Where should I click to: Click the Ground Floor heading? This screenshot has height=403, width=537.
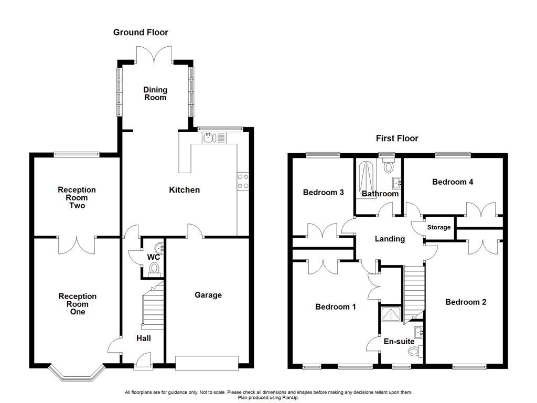[141, 33]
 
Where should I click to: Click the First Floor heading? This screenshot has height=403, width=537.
[397, 139]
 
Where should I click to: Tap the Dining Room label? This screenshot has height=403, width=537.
[155, 93]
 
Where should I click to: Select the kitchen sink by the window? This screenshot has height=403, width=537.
[209, 137]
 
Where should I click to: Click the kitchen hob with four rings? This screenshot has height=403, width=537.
[243, 181]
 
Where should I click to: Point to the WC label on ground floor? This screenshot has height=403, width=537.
[153, 258]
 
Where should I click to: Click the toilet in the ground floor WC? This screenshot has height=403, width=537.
[154, 269]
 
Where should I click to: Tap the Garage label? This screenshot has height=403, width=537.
[208, 295]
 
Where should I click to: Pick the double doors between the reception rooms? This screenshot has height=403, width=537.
[77, 243]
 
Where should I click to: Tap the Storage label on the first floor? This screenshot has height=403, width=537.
[439, 228]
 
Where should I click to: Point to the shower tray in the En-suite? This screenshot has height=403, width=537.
[391, 314]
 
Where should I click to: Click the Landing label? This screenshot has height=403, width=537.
[390, 239]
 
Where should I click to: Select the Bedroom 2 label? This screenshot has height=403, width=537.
[466, 302]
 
